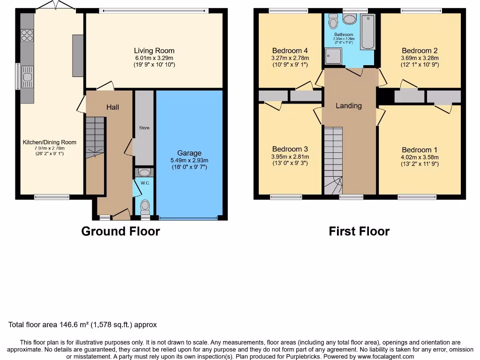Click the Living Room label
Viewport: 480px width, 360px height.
click(154, 51)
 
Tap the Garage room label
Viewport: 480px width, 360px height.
click(189, 153)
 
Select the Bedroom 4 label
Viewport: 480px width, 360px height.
click(290, 51)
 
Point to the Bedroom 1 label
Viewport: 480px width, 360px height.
click(420, 150)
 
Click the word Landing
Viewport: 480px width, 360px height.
click(349, 105)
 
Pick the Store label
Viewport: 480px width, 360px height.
click(144, 127)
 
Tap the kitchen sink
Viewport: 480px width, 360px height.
click(27, 78)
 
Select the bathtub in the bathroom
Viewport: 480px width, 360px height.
click(368, 32)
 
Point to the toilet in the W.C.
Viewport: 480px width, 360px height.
click(145, 205)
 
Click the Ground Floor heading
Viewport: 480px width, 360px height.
click(120, 231)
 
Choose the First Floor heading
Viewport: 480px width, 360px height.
click(359, 231)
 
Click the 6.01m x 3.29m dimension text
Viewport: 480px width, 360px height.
click(154, 58)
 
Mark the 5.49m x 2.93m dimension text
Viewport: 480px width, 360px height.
click(189, 160)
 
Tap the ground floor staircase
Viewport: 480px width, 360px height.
click(95, 136)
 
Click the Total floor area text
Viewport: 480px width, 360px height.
click(82, 324)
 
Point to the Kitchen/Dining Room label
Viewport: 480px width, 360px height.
click(50, 142)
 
